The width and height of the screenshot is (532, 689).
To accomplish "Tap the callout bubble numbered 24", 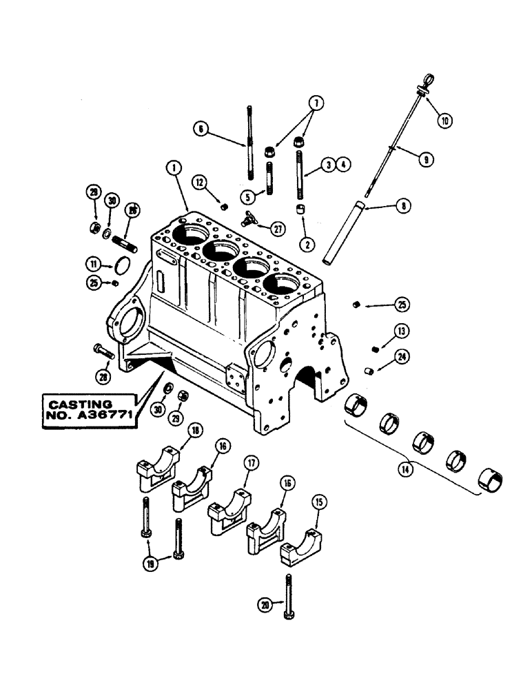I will [400, 356].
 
